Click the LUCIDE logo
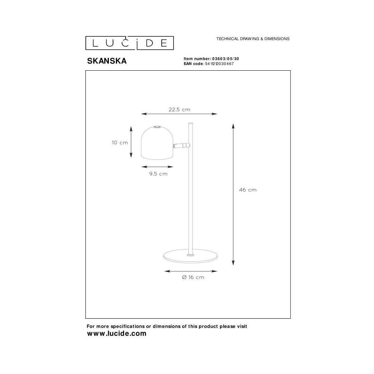[129, 43]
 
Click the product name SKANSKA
[107, 61]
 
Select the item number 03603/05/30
[226, 59]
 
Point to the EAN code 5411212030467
[220, 64]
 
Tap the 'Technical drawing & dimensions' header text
[253, 39]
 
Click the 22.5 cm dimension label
[180, 110]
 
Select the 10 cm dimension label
[120, 142]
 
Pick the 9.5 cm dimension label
[158, 174]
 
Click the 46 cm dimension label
[248, 190]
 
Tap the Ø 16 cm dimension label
[193, 277]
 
